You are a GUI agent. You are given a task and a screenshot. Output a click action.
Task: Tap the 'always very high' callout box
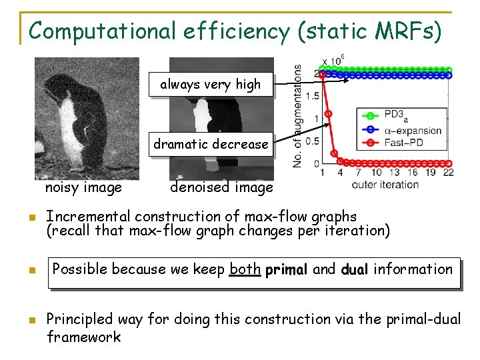tap(211, 85)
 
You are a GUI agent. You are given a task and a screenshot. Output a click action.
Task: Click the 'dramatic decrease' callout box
tap(211, 144)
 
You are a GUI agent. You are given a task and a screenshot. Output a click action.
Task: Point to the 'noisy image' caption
tap(83, 187)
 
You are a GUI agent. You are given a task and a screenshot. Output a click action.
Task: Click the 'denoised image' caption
tap(221, 187)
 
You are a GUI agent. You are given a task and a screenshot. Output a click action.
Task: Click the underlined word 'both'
tap(245, 269)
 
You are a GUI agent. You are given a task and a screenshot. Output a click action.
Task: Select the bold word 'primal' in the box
tap(287, 270)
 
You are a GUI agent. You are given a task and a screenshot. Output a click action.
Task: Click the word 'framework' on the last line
tap(84, 337)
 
